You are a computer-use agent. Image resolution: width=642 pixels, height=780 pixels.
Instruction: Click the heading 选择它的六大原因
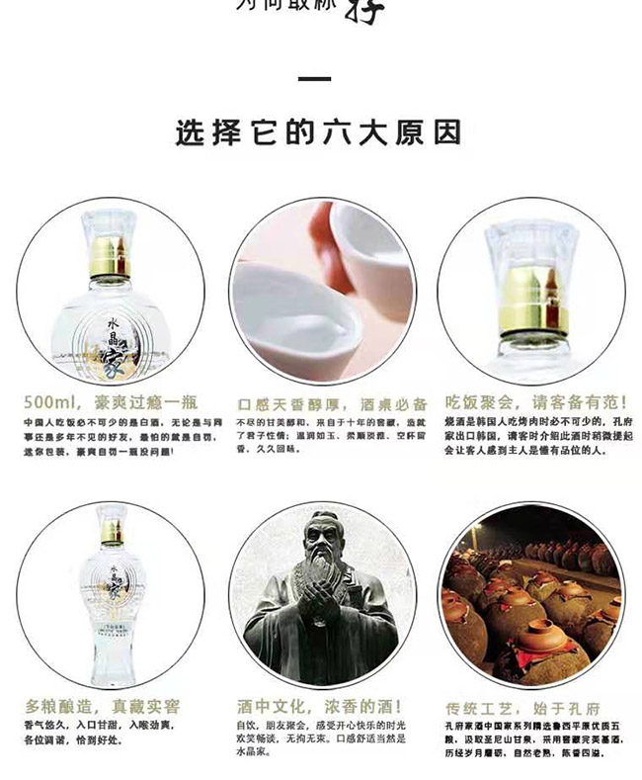[x=317, y=132]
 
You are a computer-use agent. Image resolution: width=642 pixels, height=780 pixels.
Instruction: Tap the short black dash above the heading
[x=315, y=78]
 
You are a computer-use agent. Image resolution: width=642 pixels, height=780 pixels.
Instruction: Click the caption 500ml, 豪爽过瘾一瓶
[x=111, y=402]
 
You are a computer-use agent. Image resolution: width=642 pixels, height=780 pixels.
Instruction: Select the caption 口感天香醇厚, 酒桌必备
[x=333, y=404]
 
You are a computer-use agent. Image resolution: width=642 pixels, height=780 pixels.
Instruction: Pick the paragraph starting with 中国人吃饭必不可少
[x=111, y=437]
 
